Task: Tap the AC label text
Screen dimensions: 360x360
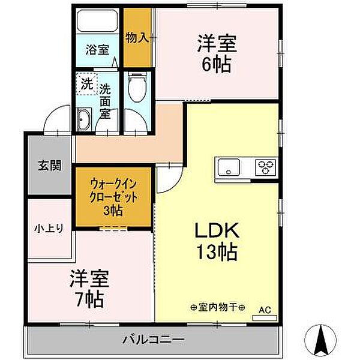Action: (265, 310)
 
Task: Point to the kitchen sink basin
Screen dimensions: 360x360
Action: (229, 166)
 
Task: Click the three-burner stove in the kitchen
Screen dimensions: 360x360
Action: (265, 166)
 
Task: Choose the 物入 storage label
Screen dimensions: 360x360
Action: (137, 38)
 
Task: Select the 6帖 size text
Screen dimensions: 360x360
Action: (217, 64)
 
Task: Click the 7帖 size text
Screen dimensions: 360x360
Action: (89, 298)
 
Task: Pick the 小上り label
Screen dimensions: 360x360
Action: (51, 227)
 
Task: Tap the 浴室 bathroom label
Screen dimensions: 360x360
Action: (97, 50)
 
